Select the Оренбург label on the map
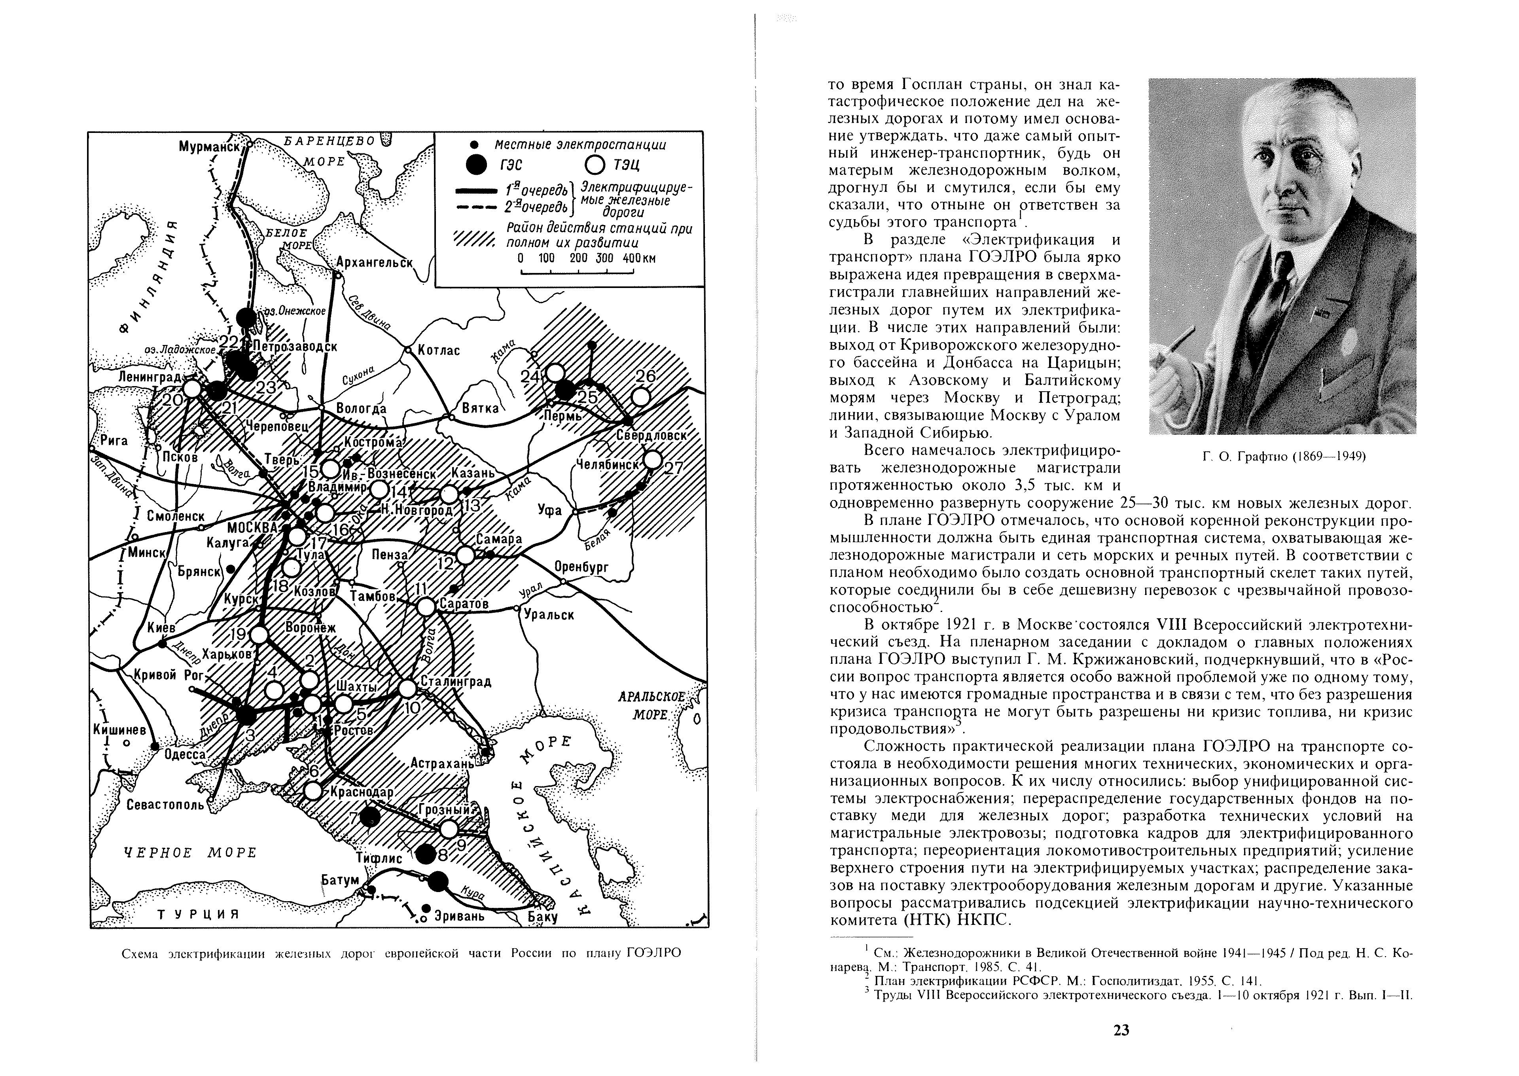(x=581, y=567)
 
